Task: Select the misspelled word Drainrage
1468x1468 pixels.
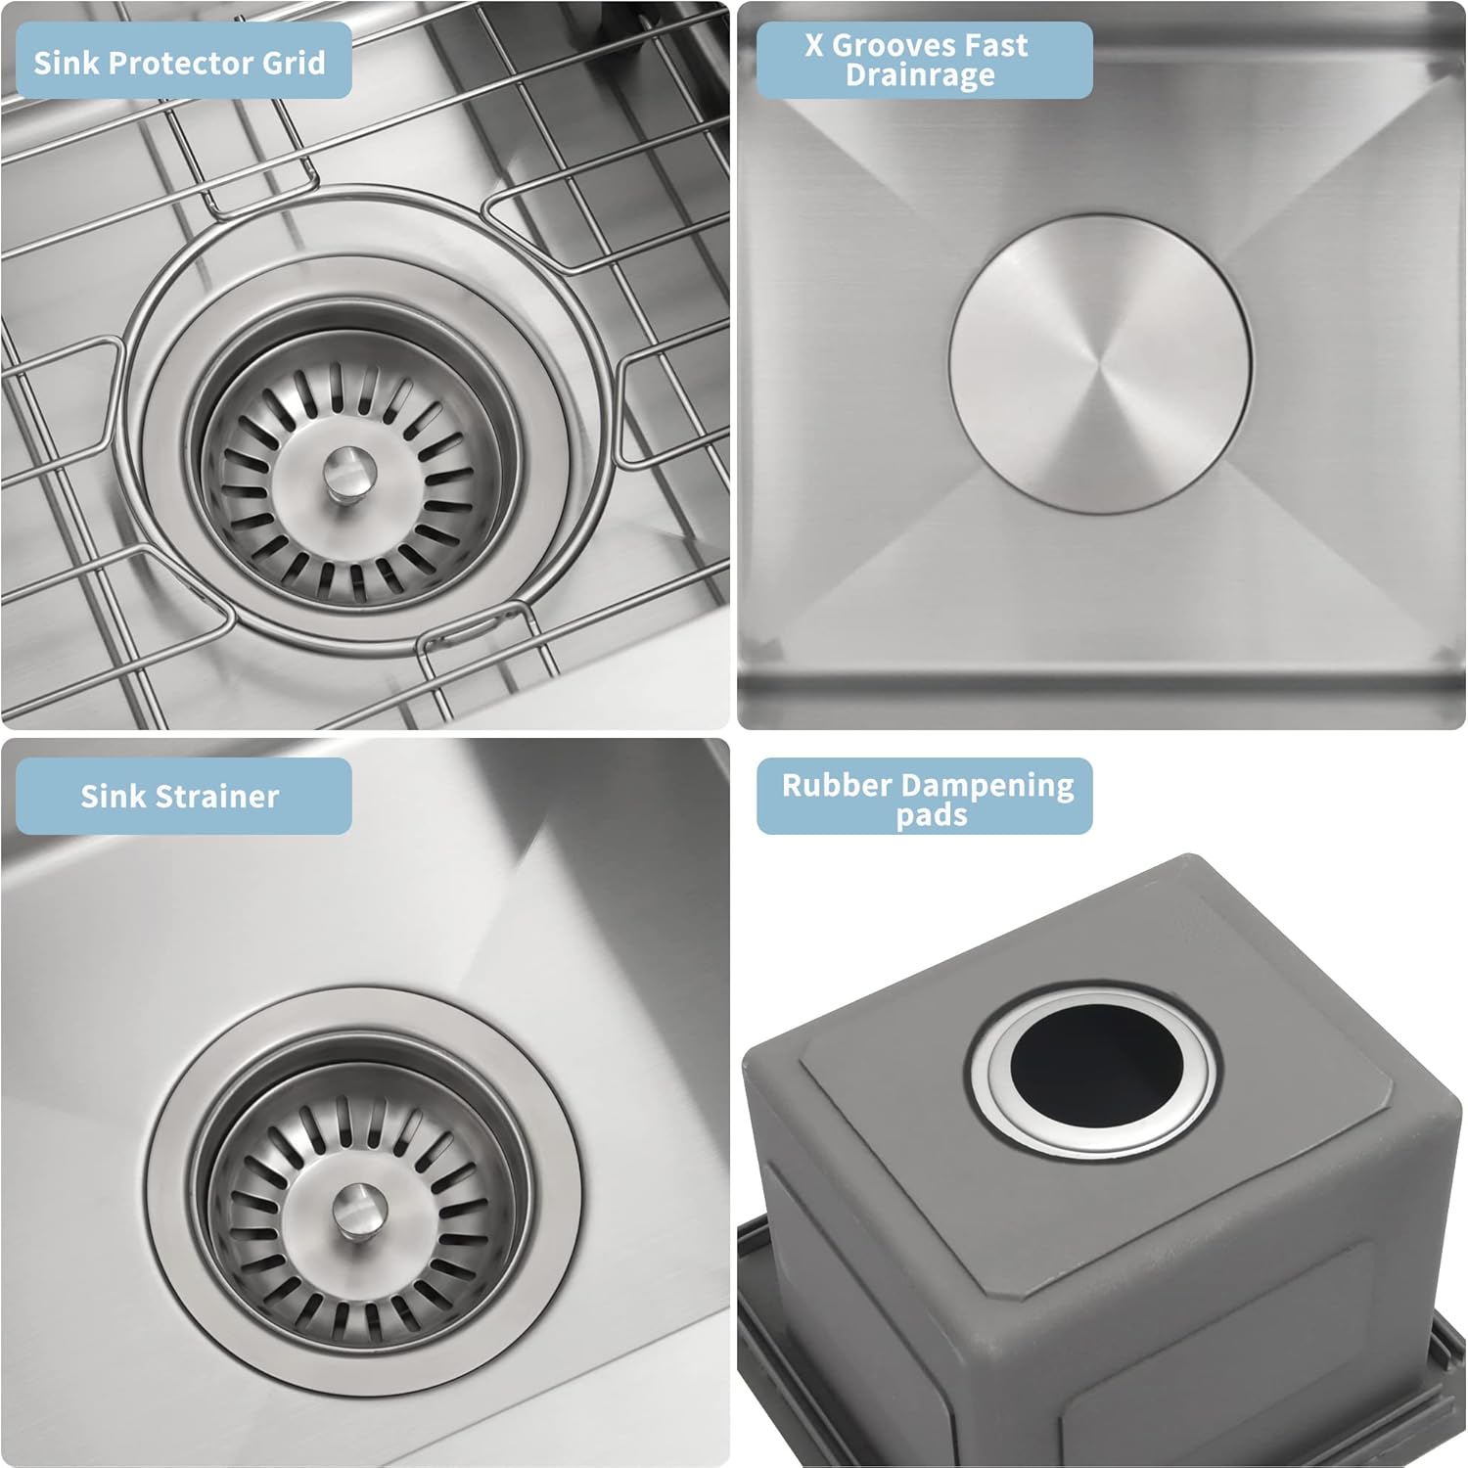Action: click(920, 75)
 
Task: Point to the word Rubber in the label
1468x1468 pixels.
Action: click(837, 785)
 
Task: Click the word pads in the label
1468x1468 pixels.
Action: click(931, 815)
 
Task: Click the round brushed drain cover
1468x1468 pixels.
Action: click(1100, 363)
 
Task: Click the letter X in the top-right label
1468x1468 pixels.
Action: click(814, 45)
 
